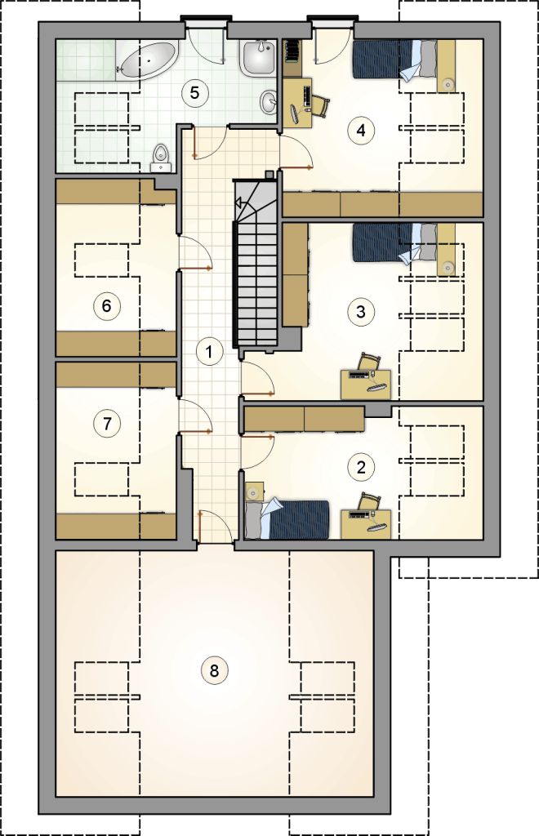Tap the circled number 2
tap(361, 468)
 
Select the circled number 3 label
tap(361, 311)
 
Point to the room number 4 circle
tap(362, 130)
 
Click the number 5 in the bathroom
tap(194, 93)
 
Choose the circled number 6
tap(107, 306)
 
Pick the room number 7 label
tap(107, 424)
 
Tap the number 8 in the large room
tap(214, 670)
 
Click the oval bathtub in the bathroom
tap(147, 60)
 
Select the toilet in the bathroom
tap(160, 158)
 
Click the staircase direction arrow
tap(238, 202)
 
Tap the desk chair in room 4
tap(320, 104)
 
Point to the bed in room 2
tap(287, 518)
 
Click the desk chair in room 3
tap(370, 362)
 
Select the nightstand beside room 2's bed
tap(255, 491)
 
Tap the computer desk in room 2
tap(366, 524)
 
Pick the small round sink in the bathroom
tap(269, 101)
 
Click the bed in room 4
tap(395, 60)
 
